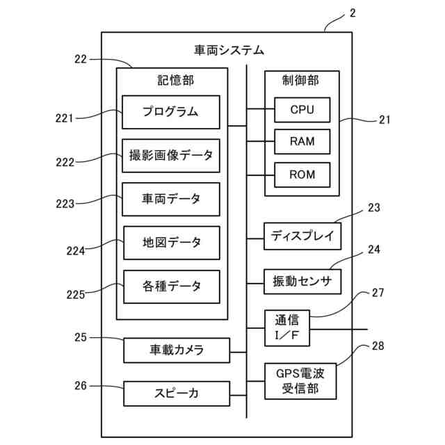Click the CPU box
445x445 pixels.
pyautogui.click(x=302, y=110)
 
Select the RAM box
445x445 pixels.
pyautogui.click(x=302, y=142)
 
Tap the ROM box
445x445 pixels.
pyautogui.click(x=302, y=174)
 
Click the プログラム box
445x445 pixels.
pyautogui.click(x=171, y=112)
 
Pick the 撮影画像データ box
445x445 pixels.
pyautogui.click(x=171, y=155)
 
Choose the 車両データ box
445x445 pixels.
pyautogui.click(x=171, y=199)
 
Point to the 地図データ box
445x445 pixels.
pyautogui.click(x=172, y=243)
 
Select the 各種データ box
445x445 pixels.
pyautogui.click(x=172, y=286)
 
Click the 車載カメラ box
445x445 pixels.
pyautogui.click(x=177, y=350)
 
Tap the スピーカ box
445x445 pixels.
pyautogui.click(x=177, y=394)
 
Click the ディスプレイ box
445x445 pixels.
pyautogui.click(x=303, y=236)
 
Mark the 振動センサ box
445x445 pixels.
pyautogui.click(x=303, y=282)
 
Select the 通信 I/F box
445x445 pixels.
pyautogui.click(x=287, y=327)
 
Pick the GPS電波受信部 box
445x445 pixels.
pyautogui.click(x=303, y=380)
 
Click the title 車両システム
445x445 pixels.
pyautogui.click(x=229, y=49)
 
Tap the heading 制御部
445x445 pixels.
pyautogui.click(x=302, y=81)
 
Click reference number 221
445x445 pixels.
pyautogui.click(x=65, y=118)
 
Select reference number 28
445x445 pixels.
pyautogui.click(x=378, y=346)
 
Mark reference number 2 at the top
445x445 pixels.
pyautogui.click(x=352, y=13)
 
